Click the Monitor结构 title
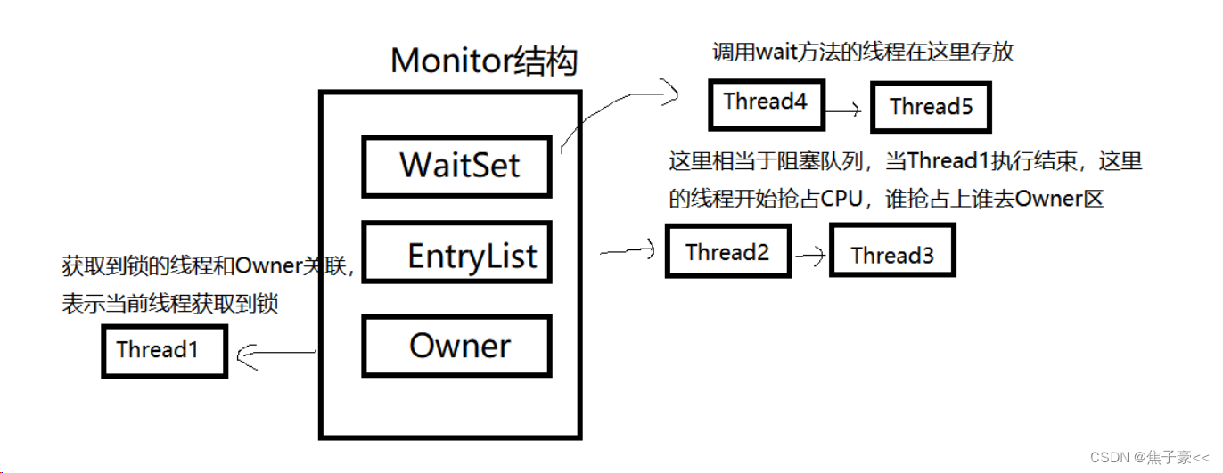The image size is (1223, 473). (484, 61)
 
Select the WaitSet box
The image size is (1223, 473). (456, 166)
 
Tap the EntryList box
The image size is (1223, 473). (456, 256)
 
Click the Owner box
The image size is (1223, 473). (456, 346)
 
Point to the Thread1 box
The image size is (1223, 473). (164, 350)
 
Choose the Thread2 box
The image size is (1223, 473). (727, 253)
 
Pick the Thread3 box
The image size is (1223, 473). (891, 256)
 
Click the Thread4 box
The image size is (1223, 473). (765, 102)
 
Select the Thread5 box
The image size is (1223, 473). (931, 108)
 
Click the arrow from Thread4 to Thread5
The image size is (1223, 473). (841, 110)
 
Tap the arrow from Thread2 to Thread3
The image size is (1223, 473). (810, 255)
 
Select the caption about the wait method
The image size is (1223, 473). (863, 53)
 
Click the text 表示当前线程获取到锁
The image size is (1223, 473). (169, 305)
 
